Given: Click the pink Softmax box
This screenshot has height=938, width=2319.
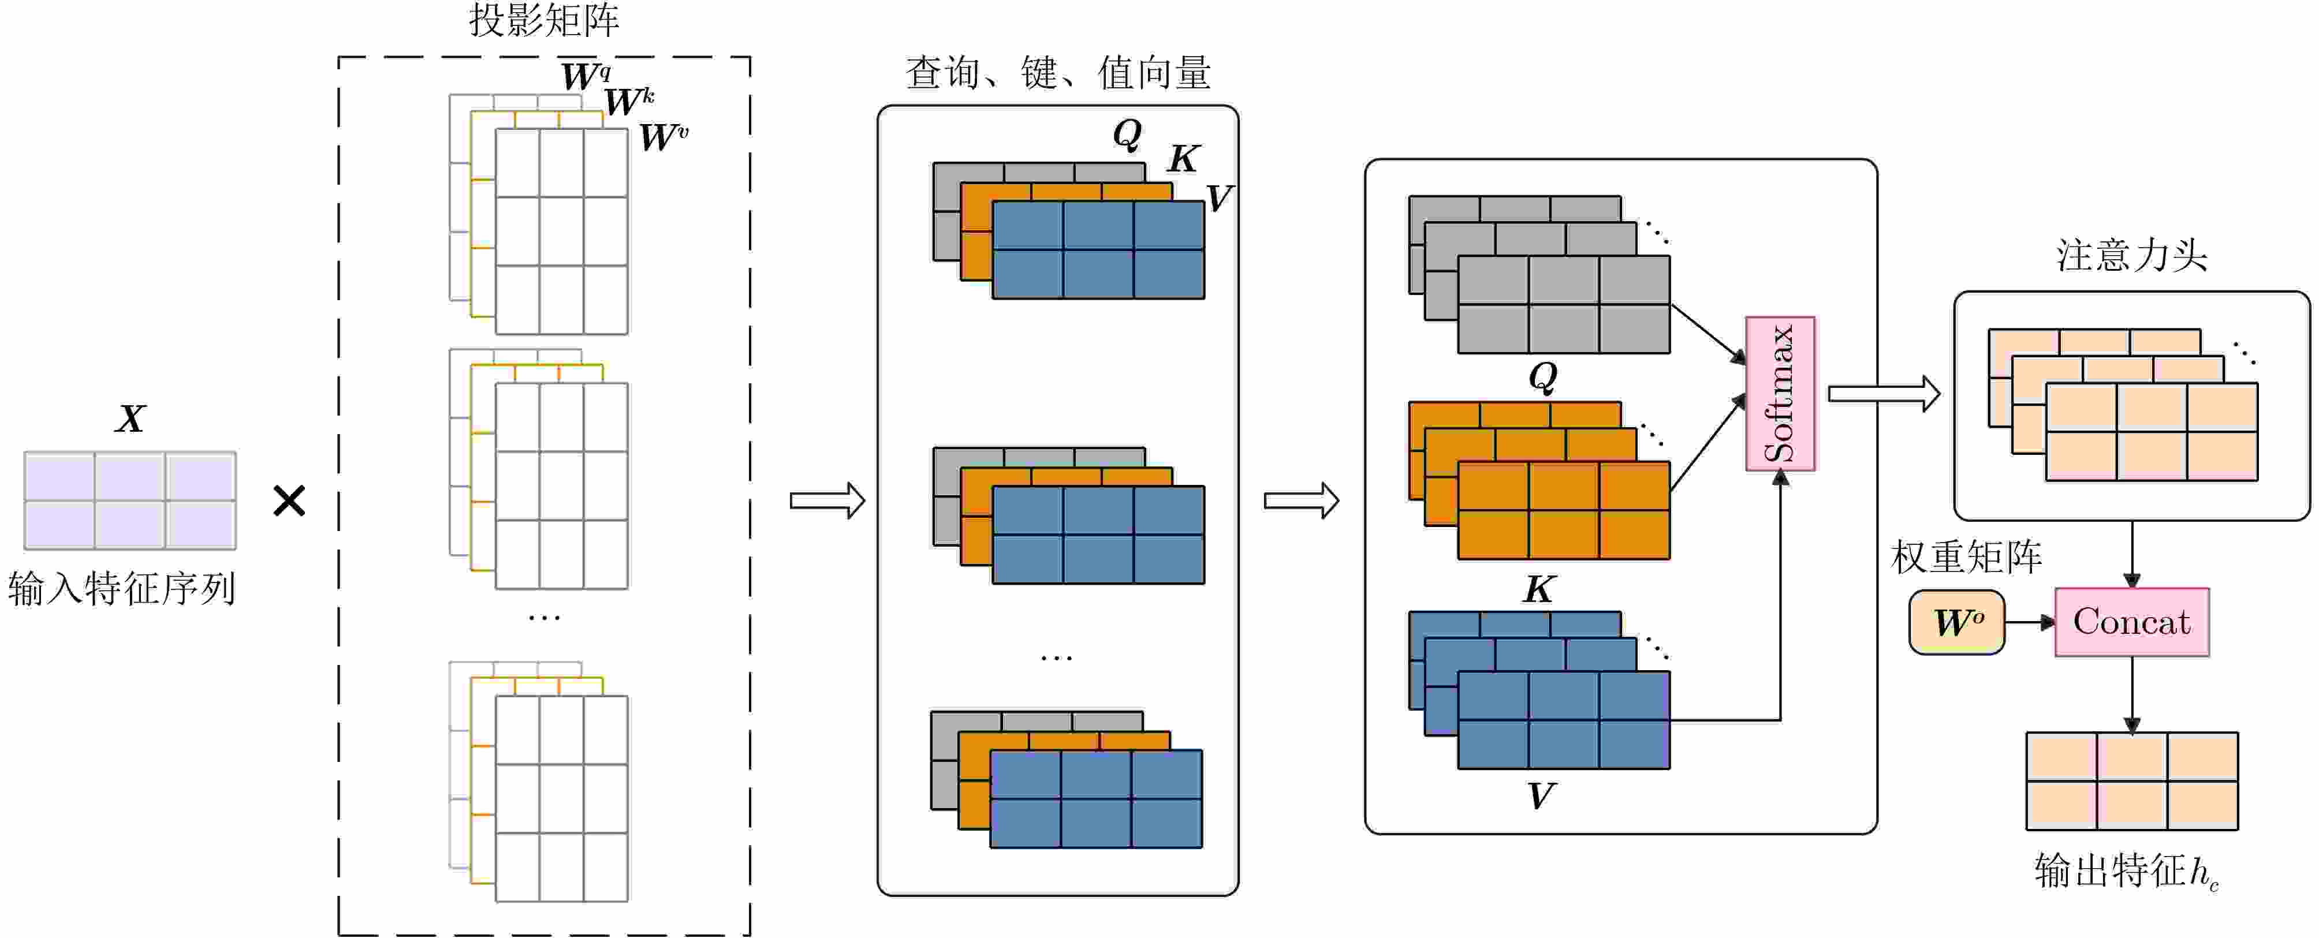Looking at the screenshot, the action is click(1780, 394).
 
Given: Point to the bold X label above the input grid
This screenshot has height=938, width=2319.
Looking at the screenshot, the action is click(131, 418).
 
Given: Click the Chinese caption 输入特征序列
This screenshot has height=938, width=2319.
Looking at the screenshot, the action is click(121, 589).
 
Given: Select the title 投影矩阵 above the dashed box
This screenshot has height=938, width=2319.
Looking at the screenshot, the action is click(544, 20).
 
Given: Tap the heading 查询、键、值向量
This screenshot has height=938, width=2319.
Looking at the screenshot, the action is click(1058, 72).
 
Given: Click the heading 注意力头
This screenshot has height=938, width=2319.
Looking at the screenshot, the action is click(2131, 256).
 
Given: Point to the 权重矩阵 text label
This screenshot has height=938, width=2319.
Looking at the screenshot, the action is click(1966, 557).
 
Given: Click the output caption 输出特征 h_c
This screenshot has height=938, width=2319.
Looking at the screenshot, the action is click(2126, 872).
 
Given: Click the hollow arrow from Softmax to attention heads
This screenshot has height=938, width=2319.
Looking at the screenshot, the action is click(1883, 394).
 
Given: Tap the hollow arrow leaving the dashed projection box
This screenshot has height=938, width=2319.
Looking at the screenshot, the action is click(827, 500).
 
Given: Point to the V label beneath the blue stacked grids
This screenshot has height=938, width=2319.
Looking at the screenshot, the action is click(1540, 796).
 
